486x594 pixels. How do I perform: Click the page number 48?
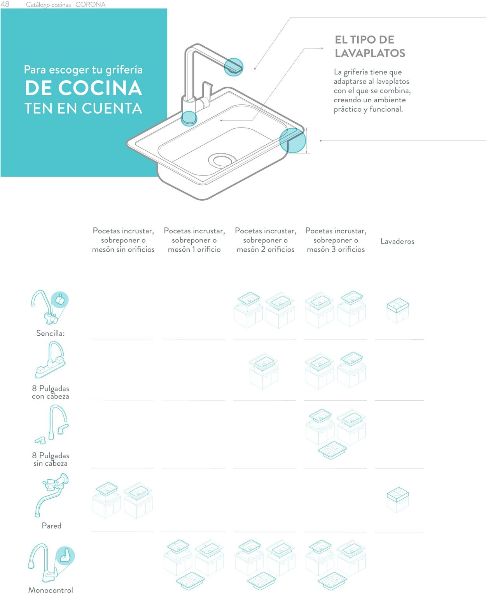[x=5, y=4]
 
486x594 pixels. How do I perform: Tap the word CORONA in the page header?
[x=90, y=5]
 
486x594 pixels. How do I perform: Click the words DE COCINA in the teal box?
[x=83, y=88]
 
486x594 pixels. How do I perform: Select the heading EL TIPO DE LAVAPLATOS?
[x=370, y=46]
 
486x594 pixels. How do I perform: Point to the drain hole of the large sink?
[x=222, y=160]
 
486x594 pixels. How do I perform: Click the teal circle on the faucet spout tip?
[x=233, y=67]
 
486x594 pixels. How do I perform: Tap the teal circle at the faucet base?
[x=189, y=118]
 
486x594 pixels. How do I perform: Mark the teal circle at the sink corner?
[x=292, y=140]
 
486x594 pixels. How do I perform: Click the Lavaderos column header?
[x=397, y=242]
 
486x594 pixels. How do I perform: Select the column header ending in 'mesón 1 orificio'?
[x=194, y=240]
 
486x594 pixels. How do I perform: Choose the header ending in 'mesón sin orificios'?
[x=123, y=240]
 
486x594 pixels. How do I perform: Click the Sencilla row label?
[x=51, y=333]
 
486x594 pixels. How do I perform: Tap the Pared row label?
[x=52, y=526]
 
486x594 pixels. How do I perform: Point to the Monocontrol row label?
[x=51, y=590]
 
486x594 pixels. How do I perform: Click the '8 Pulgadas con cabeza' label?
[x=51, y=392]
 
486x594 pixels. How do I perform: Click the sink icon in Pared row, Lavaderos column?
[x=398, y=499]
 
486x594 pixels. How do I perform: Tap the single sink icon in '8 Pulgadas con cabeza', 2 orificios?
[x=264, y=371]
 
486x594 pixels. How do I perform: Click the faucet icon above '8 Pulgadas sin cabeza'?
[x=52, y=424]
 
